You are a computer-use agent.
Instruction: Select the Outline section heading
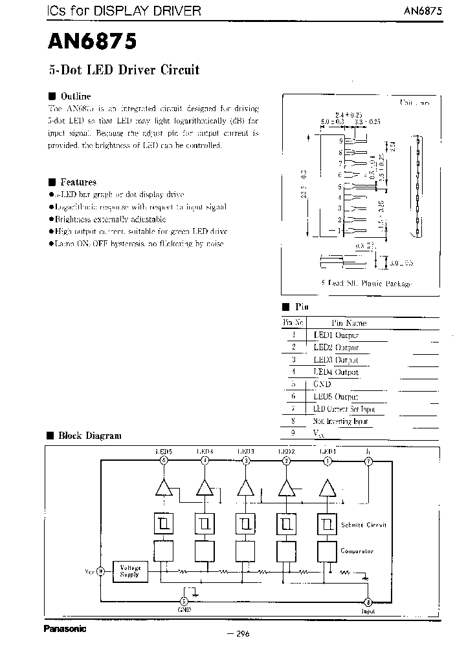click(74, 96)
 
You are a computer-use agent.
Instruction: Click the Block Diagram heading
click(89, 436)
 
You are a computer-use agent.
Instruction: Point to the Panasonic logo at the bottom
click(65, 628)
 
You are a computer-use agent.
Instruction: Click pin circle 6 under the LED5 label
click(164, 461)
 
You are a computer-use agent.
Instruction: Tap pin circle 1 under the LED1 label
click(327, 461)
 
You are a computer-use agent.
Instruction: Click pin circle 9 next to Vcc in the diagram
click(101, 571)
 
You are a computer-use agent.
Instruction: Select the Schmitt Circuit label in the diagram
click(363, 525)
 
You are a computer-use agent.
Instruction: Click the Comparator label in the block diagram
click(357, 551)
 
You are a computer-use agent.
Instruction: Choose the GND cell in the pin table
click(322, 385)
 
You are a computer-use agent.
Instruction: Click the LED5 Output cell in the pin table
click(336, 397)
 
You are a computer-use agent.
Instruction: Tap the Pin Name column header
click(349, 323)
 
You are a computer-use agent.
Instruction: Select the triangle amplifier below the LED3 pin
click(245, 488)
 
